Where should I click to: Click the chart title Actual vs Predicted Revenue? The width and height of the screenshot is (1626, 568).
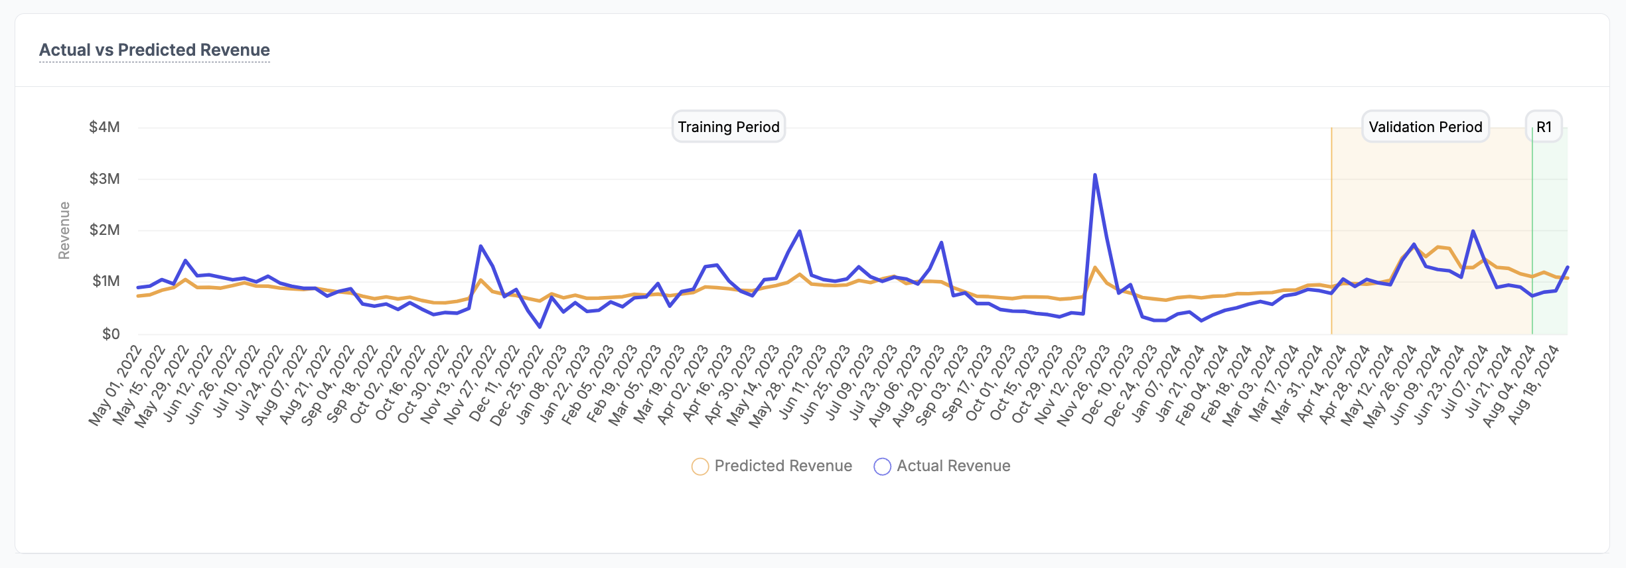coord(154,50)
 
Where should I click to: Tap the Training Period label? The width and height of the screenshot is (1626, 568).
coord(728,127)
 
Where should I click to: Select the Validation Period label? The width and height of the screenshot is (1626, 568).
coord(1425,127)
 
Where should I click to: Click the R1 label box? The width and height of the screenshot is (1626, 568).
coord(1544,127)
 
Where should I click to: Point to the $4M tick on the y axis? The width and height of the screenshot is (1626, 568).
coord(104,127)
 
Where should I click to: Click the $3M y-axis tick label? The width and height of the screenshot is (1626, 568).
coord(104,179)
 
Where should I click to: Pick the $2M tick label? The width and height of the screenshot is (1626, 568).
coord(104,230)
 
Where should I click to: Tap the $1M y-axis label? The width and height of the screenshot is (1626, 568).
coord(106,281)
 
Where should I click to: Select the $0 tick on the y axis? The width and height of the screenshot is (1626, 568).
coord(111,334)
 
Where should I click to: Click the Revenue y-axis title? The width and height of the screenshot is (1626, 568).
coord(64,230)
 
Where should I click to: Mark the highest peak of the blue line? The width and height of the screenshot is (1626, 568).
coord(1094,175)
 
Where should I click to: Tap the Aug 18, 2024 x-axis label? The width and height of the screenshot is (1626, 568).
coord(1533,385)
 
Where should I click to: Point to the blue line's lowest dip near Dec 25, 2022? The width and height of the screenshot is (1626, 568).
coord(540,326)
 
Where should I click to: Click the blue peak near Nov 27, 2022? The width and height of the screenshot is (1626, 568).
coord(480,246)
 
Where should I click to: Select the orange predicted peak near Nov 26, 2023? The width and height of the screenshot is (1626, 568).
coord(1094,267)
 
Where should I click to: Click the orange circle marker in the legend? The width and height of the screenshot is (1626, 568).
coord(700,466)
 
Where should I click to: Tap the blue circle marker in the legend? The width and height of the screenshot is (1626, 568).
coord(882,466)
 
